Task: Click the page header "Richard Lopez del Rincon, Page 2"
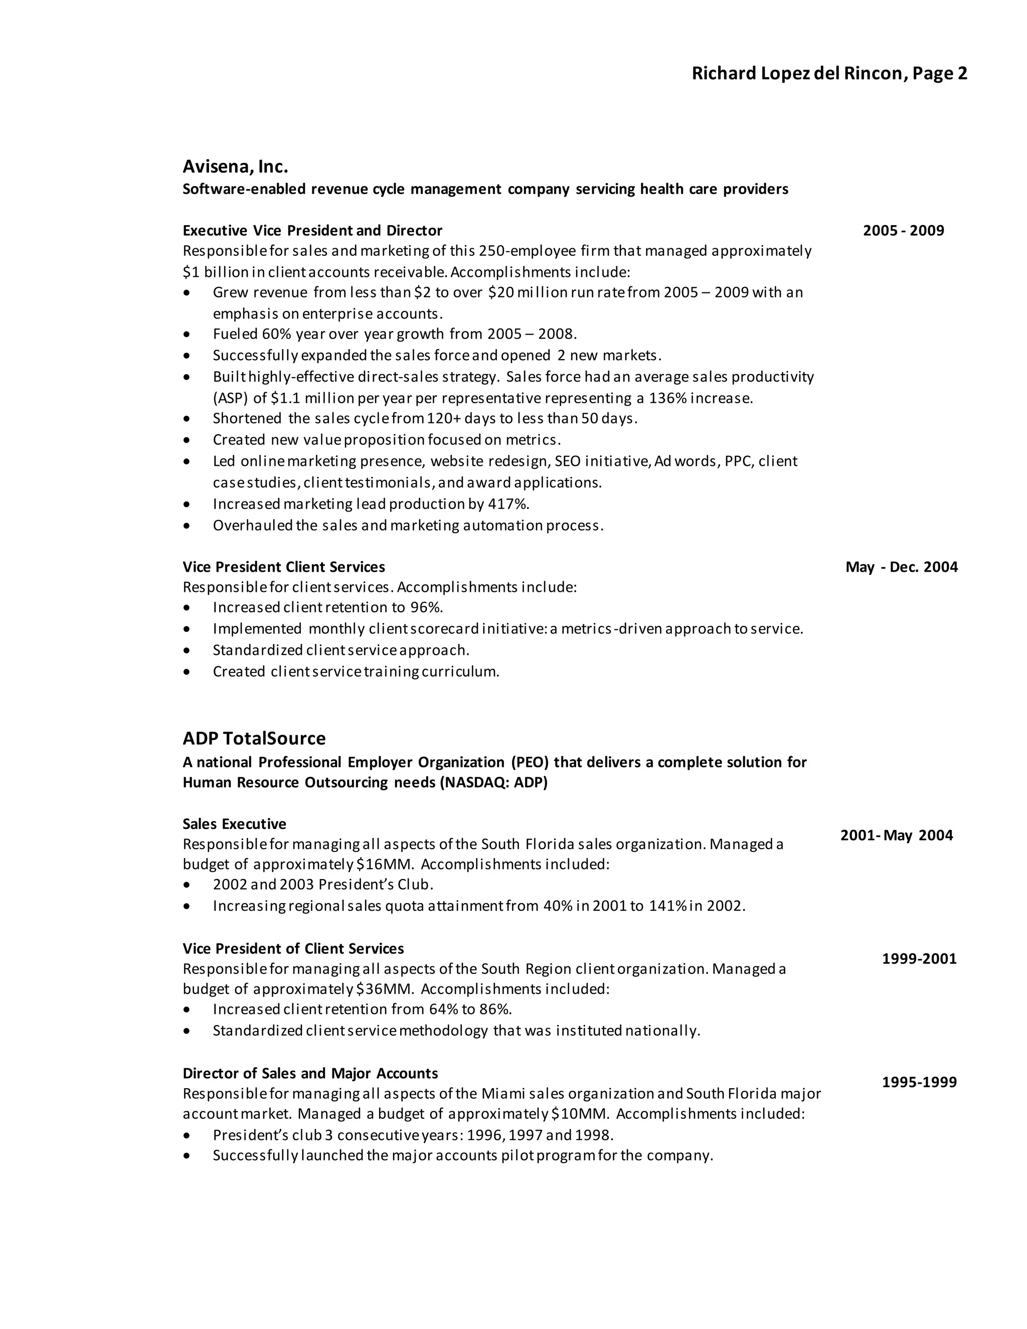pyautogui.click(x=829, y=74)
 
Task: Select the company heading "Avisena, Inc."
pyautogui.click(x=235, y=166)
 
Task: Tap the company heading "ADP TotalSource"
pyautogui.click(x=254, y=738)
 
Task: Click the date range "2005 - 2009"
pyautogui.click(x=904, y=231)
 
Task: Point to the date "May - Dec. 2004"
pyautogui.click(x=901, y=567)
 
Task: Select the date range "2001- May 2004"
pyautogui.click(x=896, y=835)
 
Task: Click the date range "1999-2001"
pyautogui.click(x=919, y=958)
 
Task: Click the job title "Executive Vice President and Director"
pyautogui.click(x=312, y=231)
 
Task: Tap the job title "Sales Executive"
pyautogui.click(x=234, y=824)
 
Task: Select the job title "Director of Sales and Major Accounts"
pyautogui.click(x=310, y=1073)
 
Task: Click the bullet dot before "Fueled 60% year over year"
pyautogui.click(x=187, y=335)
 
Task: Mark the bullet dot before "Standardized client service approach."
pyautogui.click(x=187, y=650)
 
